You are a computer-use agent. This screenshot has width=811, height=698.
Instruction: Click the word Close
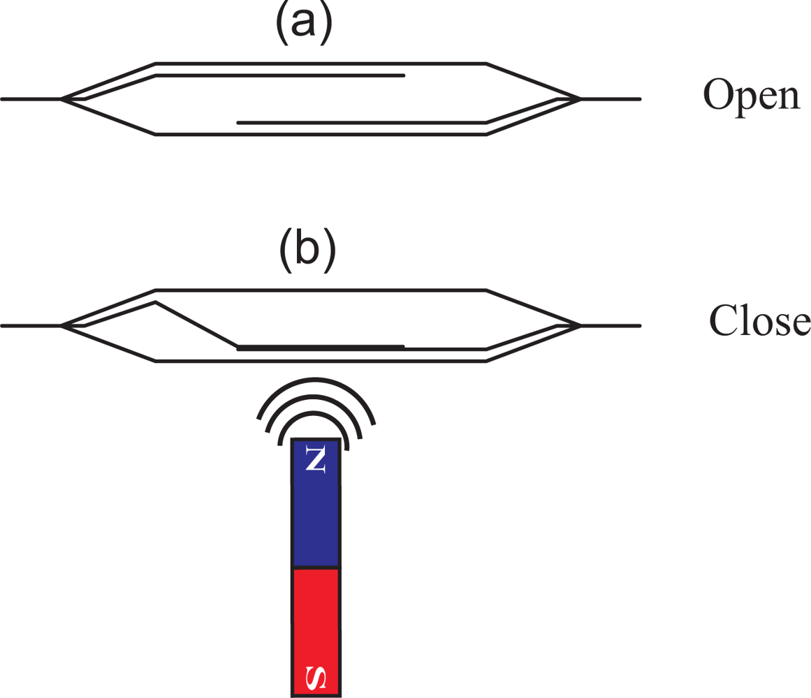coord(759,320)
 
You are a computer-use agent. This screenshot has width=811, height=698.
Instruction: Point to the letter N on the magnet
coord(316,459)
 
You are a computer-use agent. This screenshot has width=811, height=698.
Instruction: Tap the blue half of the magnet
coord(316,517)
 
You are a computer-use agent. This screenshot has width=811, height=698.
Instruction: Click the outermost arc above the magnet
coord(316,381)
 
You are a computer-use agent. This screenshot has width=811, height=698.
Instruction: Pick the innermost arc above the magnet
coord(316,413)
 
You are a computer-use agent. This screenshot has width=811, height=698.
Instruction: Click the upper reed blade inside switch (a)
coord(279,75)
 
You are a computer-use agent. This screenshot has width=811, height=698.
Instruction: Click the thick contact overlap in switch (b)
coord(321,346)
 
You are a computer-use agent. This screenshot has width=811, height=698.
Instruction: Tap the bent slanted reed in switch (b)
coord(196,324)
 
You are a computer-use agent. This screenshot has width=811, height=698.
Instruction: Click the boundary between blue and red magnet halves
coord(316,567)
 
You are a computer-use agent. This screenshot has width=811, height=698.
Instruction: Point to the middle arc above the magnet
coord(316,397)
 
